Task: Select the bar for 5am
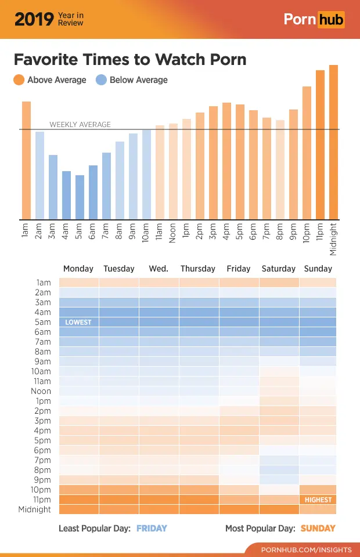pos(80,197)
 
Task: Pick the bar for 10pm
pos(307,153)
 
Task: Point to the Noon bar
pos(173,172)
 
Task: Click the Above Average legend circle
pos(19,80)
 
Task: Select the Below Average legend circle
pos(101,80)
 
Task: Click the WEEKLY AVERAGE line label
pos(80,124)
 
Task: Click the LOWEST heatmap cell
pos(78,322)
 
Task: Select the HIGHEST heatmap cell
pos(318,500)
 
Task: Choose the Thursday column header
pos(198,269)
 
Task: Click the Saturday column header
pos(279,269)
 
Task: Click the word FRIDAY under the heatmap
pos(152,529)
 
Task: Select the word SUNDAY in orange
pos(318,529)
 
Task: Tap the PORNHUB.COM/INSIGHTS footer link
pos(306,549)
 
